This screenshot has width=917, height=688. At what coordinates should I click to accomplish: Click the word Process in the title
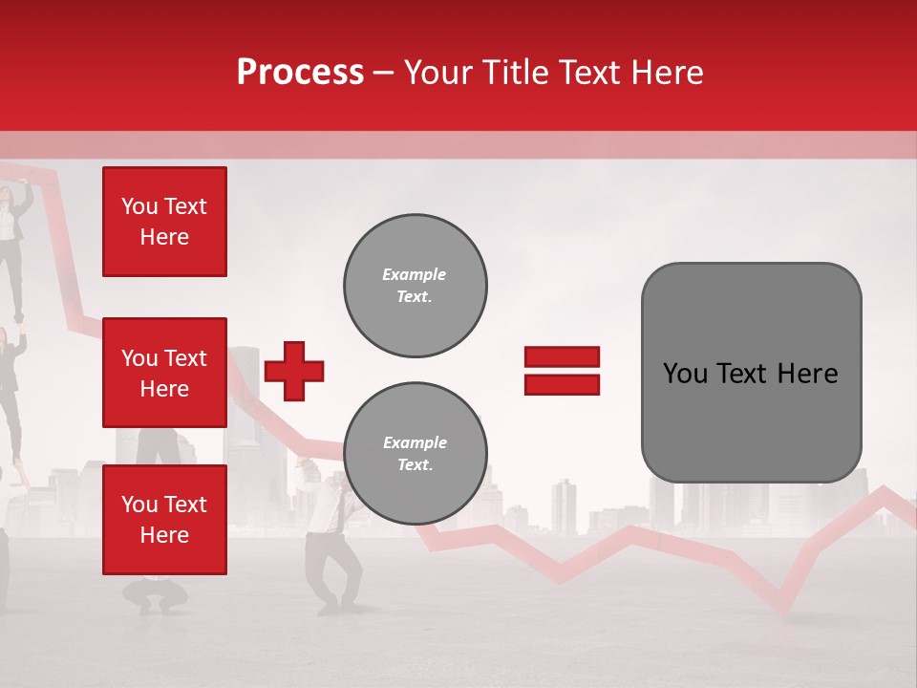click(300, 73)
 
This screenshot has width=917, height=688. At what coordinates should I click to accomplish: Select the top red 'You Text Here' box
click(164, 222)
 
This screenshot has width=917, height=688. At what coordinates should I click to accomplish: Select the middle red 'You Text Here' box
click(164, 373)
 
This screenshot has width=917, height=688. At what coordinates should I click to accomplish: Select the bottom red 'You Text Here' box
click(164, 519)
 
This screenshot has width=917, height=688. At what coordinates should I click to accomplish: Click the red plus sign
click(294, 371)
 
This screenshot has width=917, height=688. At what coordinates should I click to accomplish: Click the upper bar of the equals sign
click(562, 356)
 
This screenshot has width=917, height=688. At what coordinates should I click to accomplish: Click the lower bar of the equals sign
click(562, 384)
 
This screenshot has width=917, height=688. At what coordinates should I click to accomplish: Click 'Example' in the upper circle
click(415, 274)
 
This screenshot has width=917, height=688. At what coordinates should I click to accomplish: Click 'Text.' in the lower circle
click(415, 465)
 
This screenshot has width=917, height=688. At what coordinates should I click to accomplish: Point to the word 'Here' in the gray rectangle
click(807, 374)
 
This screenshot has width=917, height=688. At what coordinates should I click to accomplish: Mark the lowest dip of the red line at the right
click(785, 609)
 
